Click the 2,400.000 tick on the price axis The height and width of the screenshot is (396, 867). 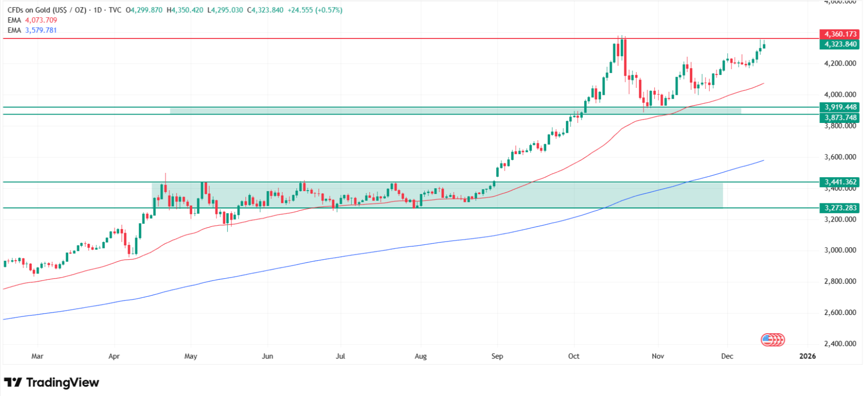[840, 344]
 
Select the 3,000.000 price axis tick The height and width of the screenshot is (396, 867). [840, 250]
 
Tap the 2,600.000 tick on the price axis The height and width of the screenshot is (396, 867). [840, 313]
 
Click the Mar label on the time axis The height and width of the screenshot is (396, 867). [38, 356]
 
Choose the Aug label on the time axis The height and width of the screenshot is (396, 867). [421, 356]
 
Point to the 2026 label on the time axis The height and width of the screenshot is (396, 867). [808, 356]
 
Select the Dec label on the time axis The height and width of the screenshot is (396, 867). [727, 356]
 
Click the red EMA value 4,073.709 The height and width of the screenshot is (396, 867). [41, 20]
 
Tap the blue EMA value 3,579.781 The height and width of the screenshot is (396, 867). [41, 30]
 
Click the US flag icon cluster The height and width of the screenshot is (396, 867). [772, 340]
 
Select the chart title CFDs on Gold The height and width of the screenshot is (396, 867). [29, 10]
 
